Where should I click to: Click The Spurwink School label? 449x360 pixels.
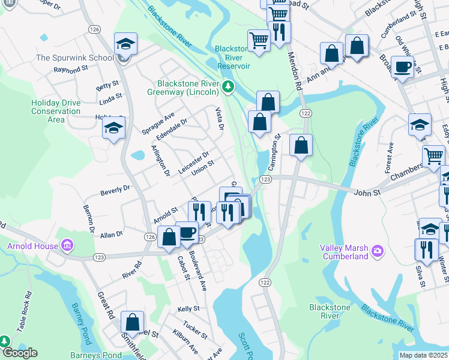[74, 58]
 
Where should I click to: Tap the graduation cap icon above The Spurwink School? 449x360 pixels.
[126, 44]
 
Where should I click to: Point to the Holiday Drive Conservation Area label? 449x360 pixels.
[56, 111]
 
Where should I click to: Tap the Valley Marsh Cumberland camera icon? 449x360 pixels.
[377, 250]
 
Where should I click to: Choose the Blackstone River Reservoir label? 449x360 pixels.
[232, 57]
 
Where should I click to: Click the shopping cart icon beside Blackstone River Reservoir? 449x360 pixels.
[259, 41]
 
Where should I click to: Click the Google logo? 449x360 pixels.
[19, 353]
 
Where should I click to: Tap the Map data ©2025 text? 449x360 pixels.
[423, 355]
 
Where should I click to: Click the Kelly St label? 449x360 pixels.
[188, 308]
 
